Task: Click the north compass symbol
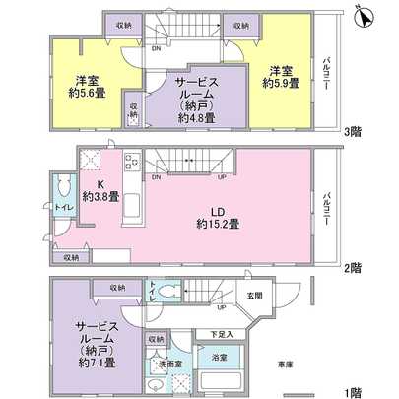coord(363,18)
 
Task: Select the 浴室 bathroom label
coord(222,357)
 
